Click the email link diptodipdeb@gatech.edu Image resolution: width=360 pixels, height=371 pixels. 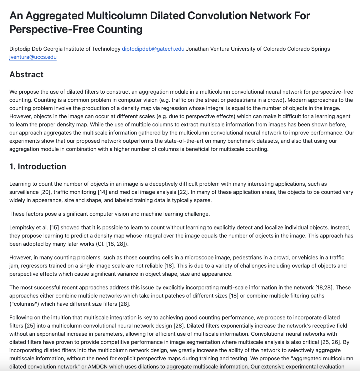153,49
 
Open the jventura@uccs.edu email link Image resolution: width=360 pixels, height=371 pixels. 33,57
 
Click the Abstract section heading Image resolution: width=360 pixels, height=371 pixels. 26,74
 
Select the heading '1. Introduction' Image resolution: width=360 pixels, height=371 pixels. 38,166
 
